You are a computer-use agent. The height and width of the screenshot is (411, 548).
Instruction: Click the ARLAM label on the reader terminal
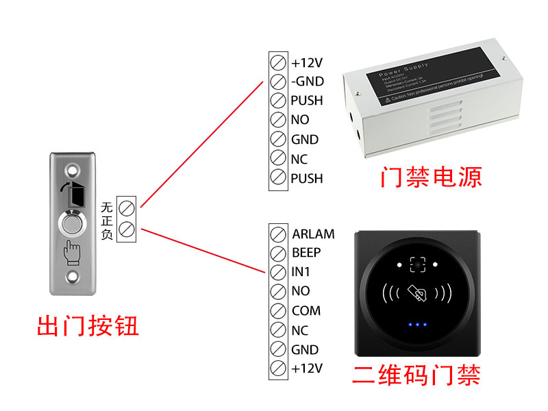coord(313,234)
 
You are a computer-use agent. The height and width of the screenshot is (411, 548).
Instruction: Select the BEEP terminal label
coord(306,253)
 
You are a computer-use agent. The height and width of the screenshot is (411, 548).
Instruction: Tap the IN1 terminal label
coord(301,272)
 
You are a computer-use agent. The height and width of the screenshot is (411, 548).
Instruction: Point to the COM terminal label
coord(306,310)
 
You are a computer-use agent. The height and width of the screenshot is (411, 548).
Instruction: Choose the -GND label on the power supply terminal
coord(307,82)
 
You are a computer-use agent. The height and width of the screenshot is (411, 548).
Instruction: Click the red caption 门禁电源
coord(431,177)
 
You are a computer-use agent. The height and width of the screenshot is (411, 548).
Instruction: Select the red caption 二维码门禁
coord(416,375)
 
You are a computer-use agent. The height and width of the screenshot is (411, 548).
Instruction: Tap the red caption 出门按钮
coord(88,325)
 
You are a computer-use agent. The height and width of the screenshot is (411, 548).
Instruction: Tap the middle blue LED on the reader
coord(416,325)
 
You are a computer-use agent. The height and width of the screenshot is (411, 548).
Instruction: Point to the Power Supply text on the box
coord(408,68)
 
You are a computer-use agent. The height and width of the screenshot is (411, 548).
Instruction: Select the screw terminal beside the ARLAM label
coord(278,234)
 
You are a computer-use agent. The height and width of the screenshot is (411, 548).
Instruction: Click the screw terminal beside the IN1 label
coord(278,272)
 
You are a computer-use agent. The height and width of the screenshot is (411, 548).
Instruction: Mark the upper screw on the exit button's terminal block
coord(127,206)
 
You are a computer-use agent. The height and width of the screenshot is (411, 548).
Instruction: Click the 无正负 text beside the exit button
coord(107,220)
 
